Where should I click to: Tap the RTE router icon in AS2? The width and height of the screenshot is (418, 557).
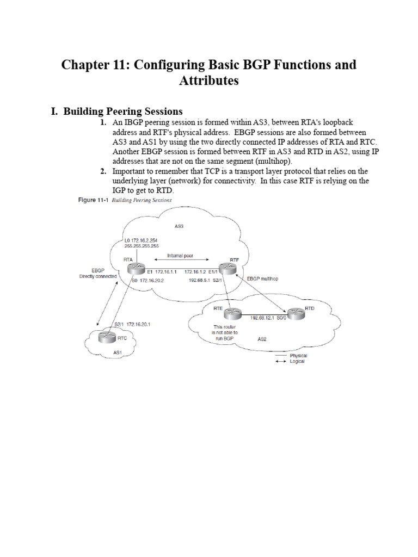232,314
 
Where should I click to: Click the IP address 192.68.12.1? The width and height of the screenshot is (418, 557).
262,318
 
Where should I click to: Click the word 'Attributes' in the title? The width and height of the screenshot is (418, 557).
209,81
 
